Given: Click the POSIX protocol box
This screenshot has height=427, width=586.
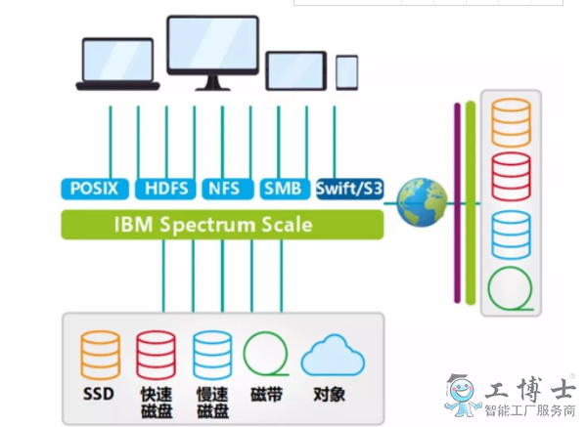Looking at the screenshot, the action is tap(95, 189).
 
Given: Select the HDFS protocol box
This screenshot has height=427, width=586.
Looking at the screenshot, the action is tap(165, 189).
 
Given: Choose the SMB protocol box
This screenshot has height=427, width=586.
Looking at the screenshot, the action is tap(285, 189).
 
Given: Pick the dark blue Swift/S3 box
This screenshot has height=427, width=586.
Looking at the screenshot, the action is tap(350, 189).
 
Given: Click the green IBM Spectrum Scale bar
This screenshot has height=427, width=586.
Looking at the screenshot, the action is tap(222, 225).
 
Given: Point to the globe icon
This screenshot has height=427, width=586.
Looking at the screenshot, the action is tap(422, 202).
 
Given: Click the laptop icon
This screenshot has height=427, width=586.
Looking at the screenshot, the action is tap(117, 64).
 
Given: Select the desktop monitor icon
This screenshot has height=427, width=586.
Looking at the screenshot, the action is tap(212, 53).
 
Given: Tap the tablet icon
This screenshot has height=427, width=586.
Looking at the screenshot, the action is tap(296, 71).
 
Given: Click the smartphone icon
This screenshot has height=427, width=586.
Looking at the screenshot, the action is tap(347, 72).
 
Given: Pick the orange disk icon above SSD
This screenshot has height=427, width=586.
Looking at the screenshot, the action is tap(101, 355).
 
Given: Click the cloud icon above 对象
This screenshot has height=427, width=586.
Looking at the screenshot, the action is tap(333, 356).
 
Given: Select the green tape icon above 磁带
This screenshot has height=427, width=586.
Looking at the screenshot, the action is tap(266, 354).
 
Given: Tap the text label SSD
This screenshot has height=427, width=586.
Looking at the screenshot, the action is tap(98, 394).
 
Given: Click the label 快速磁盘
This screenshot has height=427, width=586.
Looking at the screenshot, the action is tap(157, 403).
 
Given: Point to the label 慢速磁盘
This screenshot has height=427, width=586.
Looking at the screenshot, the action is tap(212, 403).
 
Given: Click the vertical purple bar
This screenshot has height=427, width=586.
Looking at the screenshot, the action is tap(457, 202).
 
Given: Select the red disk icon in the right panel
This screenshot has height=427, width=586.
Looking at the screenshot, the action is tap(511, 177).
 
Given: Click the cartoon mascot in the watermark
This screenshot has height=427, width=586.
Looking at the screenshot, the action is tap(462, 397).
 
